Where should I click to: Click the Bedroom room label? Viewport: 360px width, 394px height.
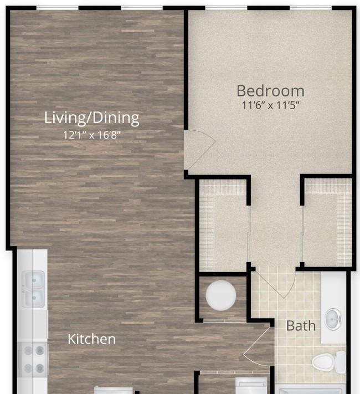[270, 91]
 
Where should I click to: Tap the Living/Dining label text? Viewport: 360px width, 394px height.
[92, 117]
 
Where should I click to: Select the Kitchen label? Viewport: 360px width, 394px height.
[91, 339]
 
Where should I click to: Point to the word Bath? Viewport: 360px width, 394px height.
[301, 326]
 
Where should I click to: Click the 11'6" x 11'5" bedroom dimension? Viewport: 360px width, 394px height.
[271, 105]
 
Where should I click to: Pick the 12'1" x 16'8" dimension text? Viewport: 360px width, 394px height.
[92, 135]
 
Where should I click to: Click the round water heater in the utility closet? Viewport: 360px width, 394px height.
[221, 295]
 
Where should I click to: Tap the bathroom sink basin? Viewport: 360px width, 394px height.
[333, 319]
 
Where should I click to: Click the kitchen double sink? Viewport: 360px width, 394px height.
[33, 289]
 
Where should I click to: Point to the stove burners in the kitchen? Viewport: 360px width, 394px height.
[34, 359]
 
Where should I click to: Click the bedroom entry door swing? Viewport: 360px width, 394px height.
[200, 150]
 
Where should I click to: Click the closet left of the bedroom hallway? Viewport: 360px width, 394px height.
[223, 226]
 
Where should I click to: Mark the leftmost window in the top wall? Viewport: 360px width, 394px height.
[58, 8]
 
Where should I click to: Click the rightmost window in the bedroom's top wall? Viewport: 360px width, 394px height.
[311, 8]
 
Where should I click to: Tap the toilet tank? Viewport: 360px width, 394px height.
[341, 362]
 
